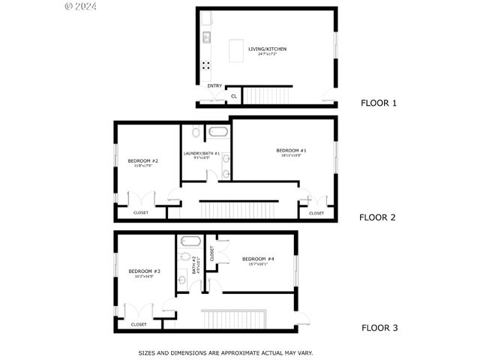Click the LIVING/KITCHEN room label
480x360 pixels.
(x=267, y=49)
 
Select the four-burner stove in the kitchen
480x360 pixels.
(x=205, y=64)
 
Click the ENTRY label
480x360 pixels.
(x=214, y=85)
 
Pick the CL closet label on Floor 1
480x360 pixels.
(x=234, y=96)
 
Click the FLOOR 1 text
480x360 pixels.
(x=379, y=103)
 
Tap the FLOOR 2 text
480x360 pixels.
(x=377, y=217)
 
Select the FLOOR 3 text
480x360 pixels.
(x=379, y=327)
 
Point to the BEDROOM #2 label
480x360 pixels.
(x=142, y=160)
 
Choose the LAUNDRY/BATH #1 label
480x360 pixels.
(x=202, y=154)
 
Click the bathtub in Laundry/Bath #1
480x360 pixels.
(x=219, y=132)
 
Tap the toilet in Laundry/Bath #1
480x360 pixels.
(x=196, y=133)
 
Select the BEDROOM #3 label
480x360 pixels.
(x=144, y=271)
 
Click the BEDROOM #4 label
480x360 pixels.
(x=258, y=259)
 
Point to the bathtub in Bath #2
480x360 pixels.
(x=190, y=242)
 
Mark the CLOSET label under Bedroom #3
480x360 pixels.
(x=139, y=324)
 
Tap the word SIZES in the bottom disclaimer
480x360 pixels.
(x=147, y=352)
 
